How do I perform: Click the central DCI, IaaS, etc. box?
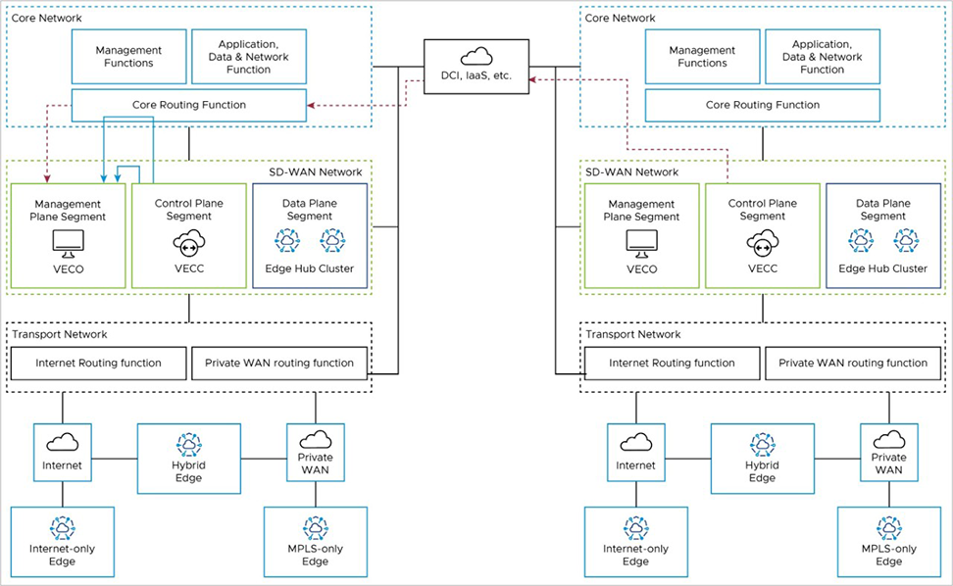pyautogui.click(x=476, y=67)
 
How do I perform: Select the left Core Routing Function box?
pyautogui.click(x=189, y=105)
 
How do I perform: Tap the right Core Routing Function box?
pyautogui.click(x=762, y=105)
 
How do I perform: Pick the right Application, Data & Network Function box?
pyautogui.click(x=822, y=56)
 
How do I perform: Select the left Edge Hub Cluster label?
pyautogui.click(x=310, y=269)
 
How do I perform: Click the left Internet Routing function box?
pyautogui.click(x=98, y=363)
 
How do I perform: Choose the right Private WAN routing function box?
pyautogui.click(x=852, y=363)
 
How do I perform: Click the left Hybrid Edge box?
pyautogui.click(x=188, y=458)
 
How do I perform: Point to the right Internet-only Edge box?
pyautogui.click(x=635, y=540)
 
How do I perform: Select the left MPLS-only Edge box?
pyautogui.click(x=315, y=540)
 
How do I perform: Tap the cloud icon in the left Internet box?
pyautogui.click(x=63, y=442)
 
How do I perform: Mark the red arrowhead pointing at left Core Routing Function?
pyautogui.click(x=311, y=105)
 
